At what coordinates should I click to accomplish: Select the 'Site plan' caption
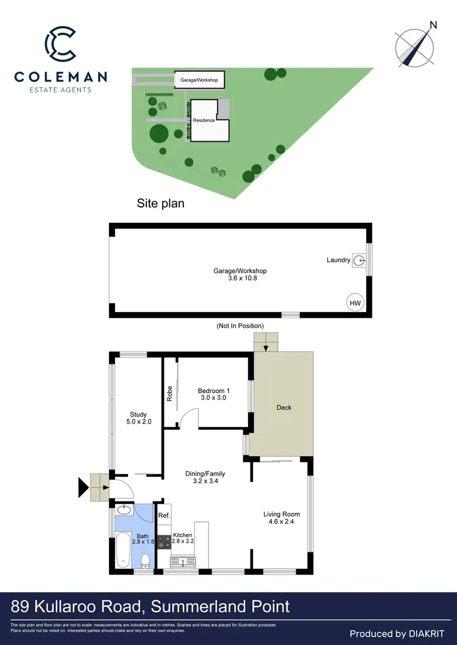(x=160, y=204)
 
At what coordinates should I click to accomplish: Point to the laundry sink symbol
(x=361, y=260)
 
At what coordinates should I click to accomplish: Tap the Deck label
(x=284, y=408)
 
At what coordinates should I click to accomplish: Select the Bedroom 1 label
(x=213, y=391)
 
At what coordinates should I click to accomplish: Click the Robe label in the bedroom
(x=170, y=394)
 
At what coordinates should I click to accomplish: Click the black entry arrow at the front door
(x=83, y=486)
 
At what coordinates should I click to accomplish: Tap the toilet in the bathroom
(x=144, y=560)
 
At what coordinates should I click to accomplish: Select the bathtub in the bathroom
(x=122, y=549)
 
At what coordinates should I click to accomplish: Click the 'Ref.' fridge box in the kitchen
(x=164, y=515)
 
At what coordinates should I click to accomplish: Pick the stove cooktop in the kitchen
(x=164, y=542)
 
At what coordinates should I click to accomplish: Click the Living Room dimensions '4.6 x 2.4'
(x=282, y=522)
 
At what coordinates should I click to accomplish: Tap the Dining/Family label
(x=205, y=473)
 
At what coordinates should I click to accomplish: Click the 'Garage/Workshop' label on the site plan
(x=199, y=80)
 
